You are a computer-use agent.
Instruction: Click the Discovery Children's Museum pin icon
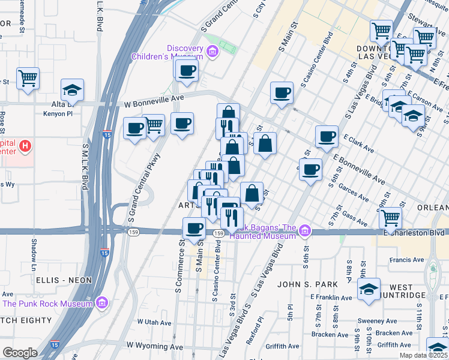pos(211,53)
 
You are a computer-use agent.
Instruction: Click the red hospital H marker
pos(25,146)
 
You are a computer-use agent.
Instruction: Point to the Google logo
pos(20,353)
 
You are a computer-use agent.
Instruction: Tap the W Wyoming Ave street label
pos(154,347)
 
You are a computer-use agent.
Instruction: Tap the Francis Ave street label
pos(406,260)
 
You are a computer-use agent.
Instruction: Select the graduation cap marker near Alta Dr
pos(73,90)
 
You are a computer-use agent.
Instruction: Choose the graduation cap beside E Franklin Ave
pos(368,289)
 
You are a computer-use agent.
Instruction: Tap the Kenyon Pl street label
pos(61,113)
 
